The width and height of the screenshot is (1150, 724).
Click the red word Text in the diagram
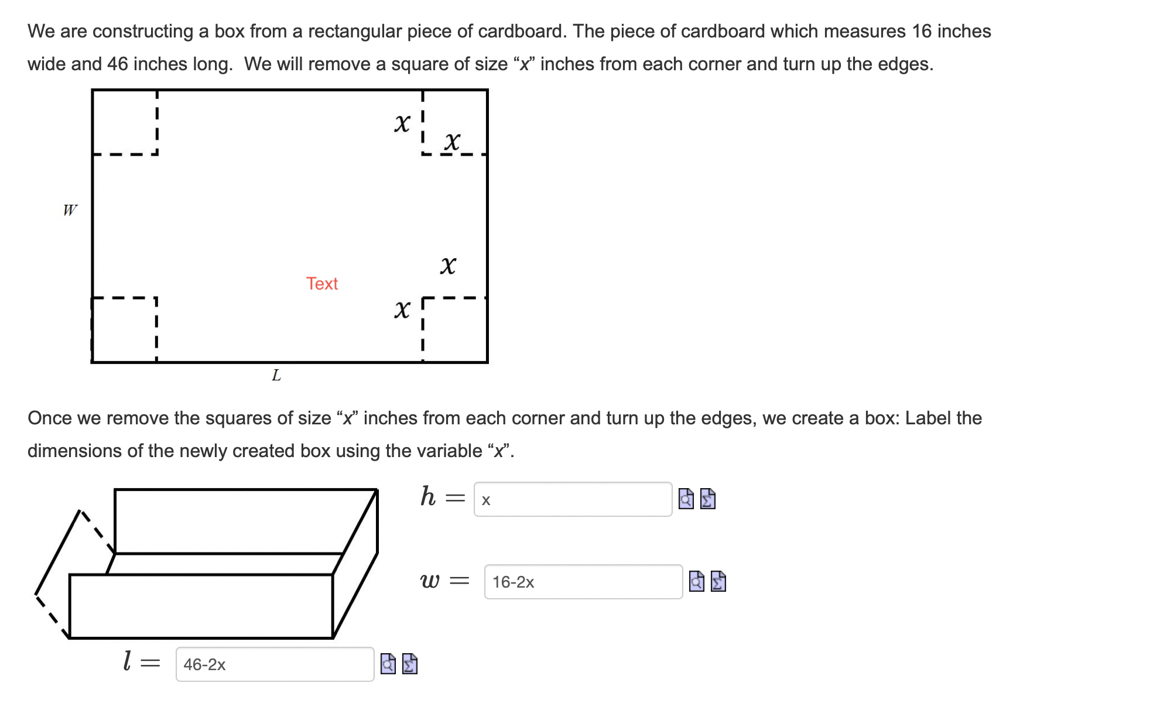321,284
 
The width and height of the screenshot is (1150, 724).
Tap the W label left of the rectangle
70,210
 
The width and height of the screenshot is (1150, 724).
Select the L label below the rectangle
276,375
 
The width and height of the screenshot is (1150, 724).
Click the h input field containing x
572,499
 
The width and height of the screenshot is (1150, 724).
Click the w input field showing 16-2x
583,582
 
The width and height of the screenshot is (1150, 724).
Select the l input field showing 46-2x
274,664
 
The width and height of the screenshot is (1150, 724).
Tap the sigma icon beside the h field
708,499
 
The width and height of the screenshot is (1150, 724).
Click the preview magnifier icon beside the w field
697,582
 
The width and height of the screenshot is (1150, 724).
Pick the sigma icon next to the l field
410,664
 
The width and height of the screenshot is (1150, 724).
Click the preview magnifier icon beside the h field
686,499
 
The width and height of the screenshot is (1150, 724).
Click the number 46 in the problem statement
117,64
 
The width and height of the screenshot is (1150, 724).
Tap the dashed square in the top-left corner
125,122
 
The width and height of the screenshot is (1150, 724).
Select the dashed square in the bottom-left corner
124,330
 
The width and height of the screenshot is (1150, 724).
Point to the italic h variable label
428,497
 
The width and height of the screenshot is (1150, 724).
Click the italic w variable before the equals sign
430,581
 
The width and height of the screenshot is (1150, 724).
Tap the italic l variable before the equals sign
127,661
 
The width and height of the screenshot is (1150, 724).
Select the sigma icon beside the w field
718,582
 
